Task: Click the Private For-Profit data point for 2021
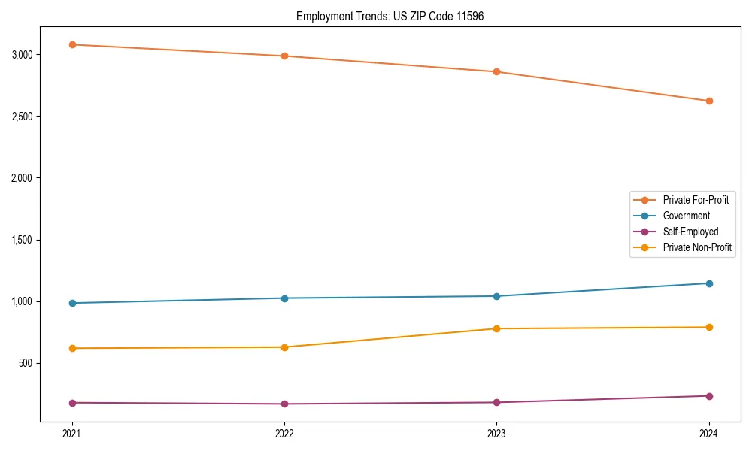[72, 44]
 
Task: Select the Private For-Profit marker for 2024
[709, 101]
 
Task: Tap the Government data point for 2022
[284, 298]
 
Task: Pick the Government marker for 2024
[709, 283]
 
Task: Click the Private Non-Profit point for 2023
[497, 328]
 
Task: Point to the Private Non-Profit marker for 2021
[72, 348]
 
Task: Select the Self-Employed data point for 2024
[709, 396]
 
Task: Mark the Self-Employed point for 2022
[284, 404]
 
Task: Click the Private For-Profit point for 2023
[497, 72]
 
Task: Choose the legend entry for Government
[686, 216]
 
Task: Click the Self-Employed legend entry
[690, 232]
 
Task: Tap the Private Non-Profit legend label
[697, 247]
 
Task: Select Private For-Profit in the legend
[696, 200]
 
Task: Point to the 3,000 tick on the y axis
[22, 55]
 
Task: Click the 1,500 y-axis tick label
[22, 240]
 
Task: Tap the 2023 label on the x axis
[497, 434]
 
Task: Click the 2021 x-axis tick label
[72, 434]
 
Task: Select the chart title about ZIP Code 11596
[390, 16]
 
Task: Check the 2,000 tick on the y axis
[22, 178]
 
